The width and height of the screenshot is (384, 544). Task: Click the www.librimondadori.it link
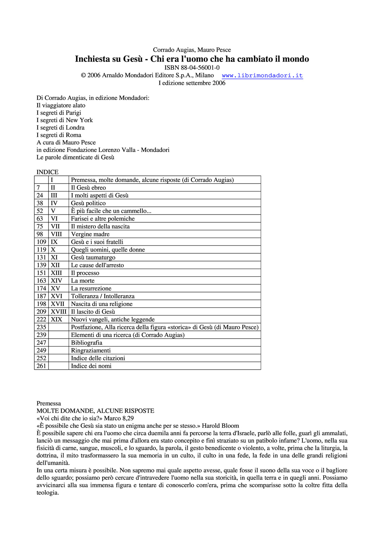click(262, 75)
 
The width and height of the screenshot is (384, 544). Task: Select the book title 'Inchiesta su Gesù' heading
click(192, 59)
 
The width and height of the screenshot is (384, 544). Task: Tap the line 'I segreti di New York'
click(65, 120)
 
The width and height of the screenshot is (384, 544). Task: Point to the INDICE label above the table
click(48, 172)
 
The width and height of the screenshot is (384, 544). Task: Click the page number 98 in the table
click(40, 234)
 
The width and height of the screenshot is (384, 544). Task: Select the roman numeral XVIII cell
click(58, 312)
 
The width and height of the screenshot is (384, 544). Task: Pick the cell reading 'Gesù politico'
click(88, 203)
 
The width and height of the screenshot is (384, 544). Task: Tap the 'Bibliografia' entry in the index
click(87, 343)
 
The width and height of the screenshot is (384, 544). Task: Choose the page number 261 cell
click(41, 366)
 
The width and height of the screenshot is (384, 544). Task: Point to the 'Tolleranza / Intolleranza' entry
click(103, 296)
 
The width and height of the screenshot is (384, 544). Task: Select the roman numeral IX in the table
click(54, 242)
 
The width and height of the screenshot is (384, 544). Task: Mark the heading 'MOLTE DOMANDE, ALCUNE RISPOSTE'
click(95, 411)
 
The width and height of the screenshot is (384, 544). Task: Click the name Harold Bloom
click(220, 426)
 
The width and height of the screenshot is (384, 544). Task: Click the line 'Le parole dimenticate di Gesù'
click(75, 157)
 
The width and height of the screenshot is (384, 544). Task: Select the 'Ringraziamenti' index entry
click(91, 351)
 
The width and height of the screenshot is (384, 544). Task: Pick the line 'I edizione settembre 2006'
click(192, 83)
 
